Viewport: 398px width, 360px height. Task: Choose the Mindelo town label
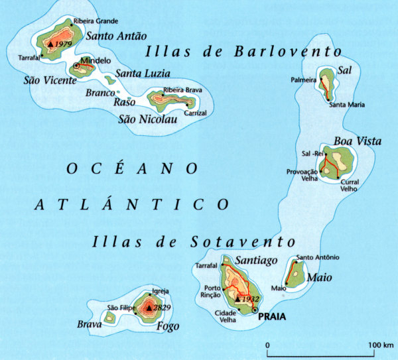tap(93, 60)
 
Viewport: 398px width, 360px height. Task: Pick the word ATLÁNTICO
tap(132, 204)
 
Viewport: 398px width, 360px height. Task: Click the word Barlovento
tap(290, 52)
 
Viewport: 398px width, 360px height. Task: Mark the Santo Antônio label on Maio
tap(318, 257)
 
